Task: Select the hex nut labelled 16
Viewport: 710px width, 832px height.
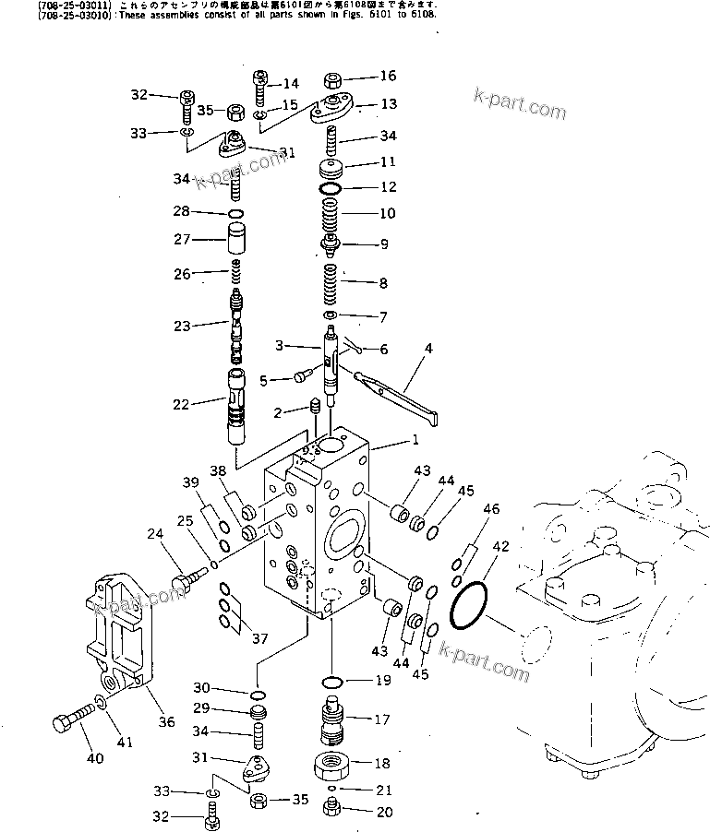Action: [334, 79]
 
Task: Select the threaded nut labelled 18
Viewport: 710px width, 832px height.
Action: [331, 763]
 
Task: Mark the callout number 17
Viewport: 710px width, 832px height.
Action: [382, 719]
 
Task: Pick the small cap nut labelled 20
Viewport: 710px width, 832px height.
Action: [331, 811]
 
